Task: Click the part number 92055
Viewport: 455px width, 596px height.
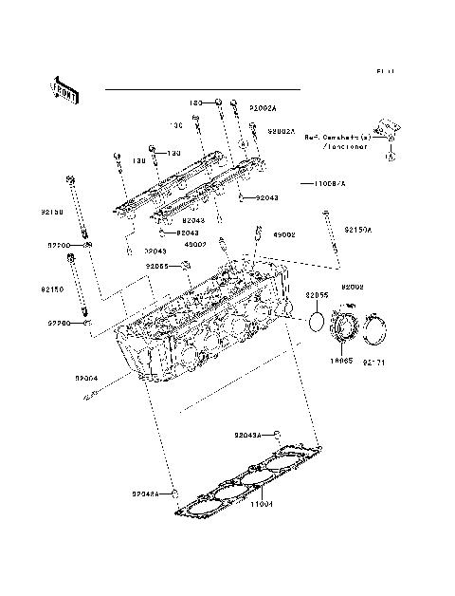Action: coord(317,296)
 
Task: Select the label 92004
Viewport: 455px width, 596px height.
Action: coord(87,378)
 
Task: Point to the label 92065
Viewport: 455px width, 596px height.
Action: coord(157,267)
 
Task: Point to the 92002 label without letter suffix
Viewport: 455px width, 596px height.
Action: coord(353,286)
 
